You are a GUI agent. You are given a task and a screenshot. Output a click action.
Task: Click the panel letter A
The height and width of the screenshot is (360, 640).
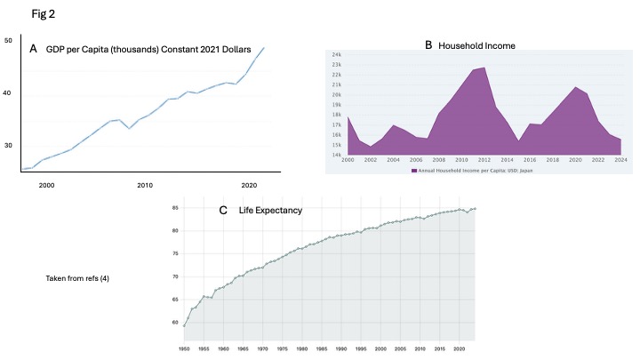(33, 50)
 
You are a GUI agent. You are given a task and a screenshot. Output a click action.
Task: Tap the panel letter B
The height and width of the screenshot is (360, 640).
(428, 44)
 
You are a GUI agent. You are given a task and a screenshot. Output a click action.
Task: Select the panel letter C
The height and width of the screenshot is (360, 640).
(223, 211)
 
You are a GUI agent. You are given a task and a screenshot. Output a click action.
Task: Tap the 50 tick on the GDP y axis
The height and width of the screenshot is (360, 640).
(8, 41)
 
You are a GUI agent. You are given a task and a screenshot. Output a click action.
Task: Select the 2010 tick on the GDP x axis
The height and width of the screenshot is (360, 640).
(145, 184)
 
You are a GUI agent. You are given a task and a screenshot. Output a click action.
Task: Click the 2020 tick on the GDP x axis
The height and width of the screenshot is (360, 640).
(249, 184)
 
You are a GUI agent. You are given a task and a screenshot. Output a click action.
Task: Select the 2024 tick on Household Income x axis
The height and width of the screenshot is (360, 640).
(620, 160)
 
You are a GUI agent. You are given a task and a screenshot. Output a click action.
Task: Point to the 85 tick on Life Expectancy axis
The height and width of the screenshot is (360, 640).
(177, 208)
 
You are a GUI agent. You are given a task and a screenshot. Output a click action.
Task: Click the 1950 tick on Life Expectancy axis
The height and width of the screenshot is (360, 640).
(184, 348)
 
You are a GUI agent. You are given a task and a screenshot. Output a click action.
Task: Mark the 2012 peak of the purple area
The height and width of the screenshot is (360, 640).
(484, 68)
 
